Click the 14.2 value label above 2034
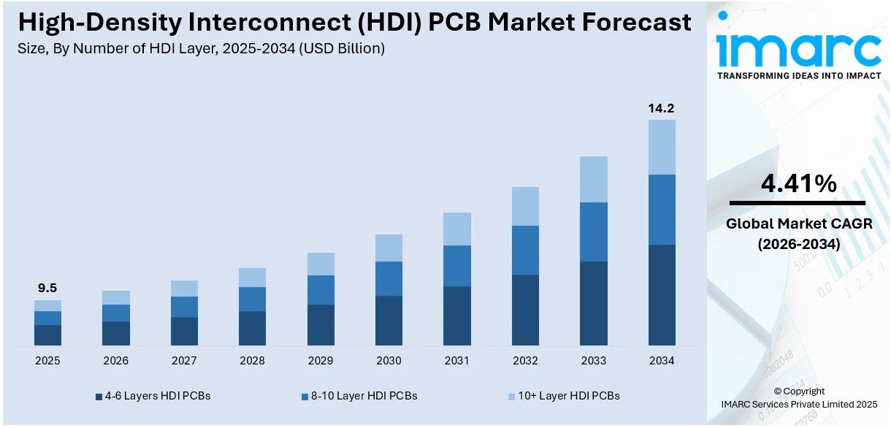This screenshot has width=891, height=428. pyautogui.click(x=661, y=108)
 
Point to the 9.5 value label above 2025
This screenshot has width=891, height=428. pyautogui.click(x=47, y=288)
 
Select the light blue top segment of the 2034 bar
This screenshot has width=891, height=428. pyautogui.click(x=662, y=147)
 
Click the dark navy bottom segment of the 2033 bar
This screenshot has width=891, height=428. pyautogui.click(x=593, y=303)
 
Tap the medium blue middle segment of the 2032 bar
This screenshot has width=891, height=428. pyautogui.click(x=525, y=250)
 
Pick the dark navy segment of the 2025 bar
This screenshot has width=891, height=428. pyautogui.click(x=47, y=335)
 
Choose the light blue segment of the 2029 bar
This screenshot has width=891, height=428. pyautogui.click(x=321, y=264)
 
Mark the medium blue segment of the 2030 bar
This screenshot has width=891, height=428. pyautogui.click(x=389, y=278)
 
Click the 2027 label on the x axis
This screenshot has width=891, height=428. pyautogui.click(x=184, y=361)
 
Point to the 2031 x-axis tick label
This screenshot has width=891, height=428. pyautogui.click(x=457, y=361)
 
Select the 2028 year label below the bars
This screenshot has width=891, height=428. pyautogui.click(x=252, y=361)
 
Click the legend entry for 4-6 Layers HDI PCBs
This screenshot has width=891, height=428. pyautogui.click(x=153, y=396)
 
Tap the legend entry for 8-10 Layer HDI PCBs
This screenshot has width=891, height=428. pyautogui.click(x=359, y=396)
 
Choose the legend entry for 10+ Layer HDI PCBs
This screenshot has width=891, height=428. pyautogui.click(x=563, y=396)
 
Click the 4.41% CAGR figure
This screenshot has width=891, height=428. pyautogui.click(x=798, y=184)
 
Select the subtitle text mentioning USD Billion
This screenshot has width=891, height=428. pyautogui.click(x=201, y=49)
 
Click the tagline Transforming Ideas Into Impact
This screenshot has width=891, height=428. pyautogui.click(x=798, y=75)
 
